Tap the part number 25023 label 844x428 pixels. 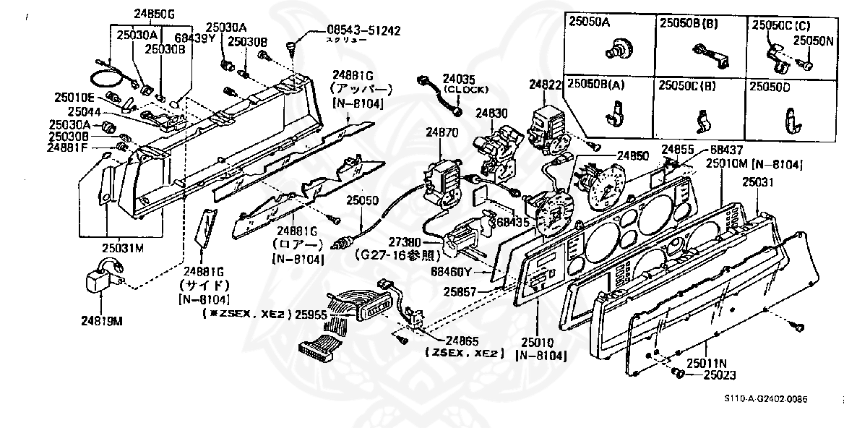719,376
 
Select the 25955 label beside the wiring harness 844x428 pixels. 311,314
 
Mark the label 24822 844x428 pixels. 546,85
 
